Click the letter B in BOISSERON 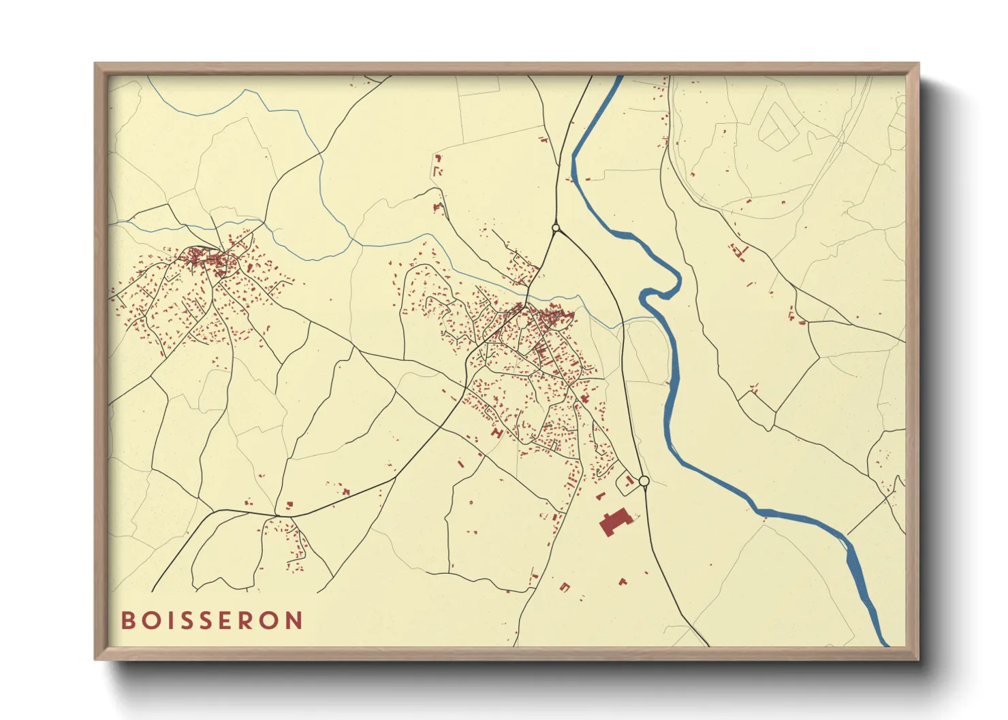(x=127, y=621)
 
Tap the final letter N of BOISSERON (x=294, y=621)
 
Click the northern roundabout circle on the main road (x=556, y=228)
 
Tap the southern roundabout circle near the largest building (x=644, y=482)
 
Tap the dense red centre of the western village (x=204, y=259)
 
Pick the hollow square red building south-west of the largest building (x=564, y=587)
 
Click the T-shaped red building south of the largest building (x=622, y=582)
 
